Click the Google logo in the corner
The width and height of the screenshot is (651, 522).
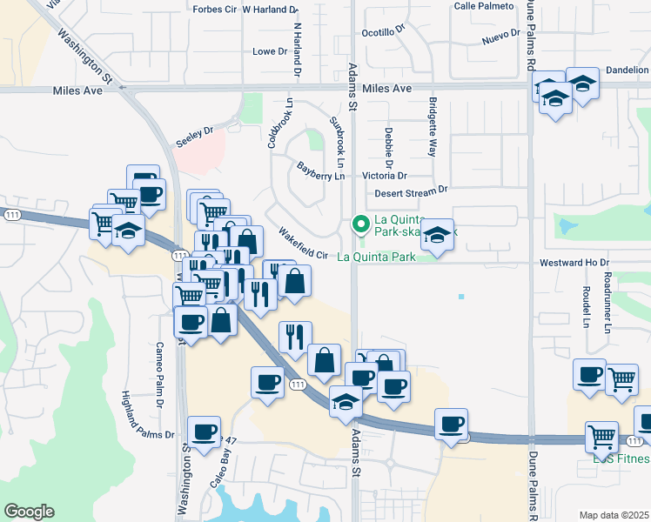click(x=30, y=512)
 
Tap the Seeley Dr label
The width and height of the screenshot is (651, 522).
click(x=194, y=134)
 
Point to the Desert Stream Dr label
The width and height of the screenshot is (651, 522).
click(x=410, y=190)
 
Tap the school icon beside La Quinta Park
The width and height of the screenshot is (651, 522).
click(x=439, y=235)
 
